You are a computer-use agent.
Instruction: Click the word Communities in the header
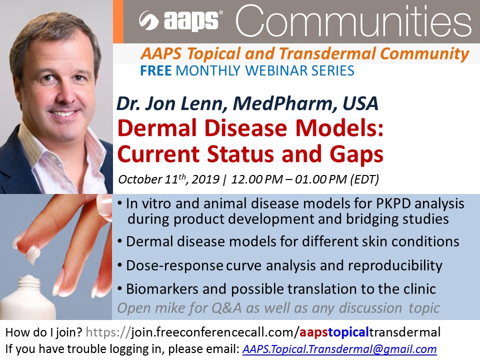click(x=353, y=21)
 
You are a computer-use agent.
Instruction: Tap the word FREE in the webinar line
click(x=155, y=70)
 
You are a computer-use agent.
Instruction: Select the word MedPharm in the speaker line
click(x=282, y=103)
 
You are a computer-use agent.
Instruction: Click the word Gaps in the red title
click(x=356, y=154)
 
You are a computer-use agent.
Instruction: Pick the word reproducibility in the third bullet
click(x=395, y=265)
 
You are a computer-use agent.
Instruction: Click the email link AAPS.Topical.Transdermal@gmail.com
click(x=339, y=349)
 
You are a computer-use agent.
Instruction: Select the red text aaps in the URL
click(x=314, y=332)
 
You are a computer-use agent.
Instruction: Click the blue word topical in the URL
click(x=348, y=332)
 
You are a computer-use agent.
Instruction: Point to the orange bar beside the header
click(x=118, y=21)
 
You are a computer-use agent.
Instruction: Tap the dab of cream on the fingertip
click(x=33, y=254)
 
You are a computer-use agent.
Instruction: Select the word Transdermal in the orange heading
click(x=327, y=53)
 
